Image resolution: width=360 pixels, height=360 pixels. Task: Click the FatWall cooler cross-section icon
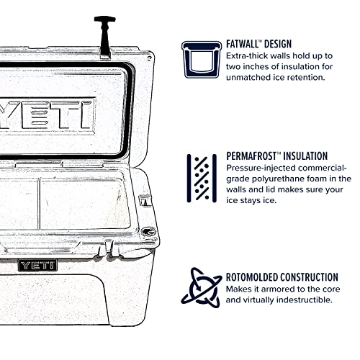pyautogui.click(x=201, y=58)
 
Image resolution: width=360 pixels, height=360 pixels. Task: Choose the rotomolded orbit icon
pyautogui.click(x=201, y=287)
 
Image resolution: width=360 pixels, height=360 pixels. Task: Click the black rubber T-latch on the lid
pyautogui.click(x=104, y=36)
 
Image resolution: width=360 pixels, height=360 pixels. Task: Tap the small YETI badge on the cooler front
pyautogui.click(x=37, y=265)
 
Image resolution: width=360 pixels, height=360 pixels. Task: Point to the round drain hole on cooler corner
pyautogui.click(x=148, y=232)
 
